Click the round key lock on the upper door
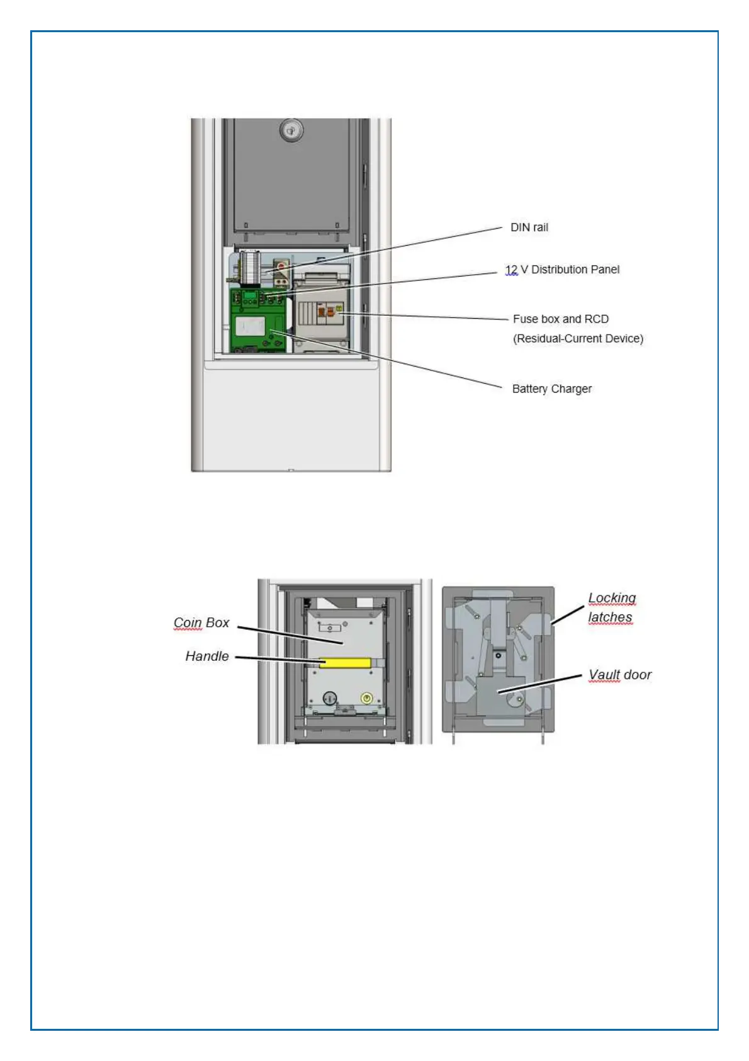click(291, 131)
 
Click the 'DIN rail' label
click(529, 227)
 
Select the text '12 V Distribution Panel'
click(562, 270)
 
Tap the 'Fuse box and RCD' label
click(560, 319)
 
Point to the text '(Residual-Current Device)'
click(578, 338)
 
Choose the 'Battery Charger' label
click(551, 389)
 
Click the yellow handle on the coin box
click(345, 662)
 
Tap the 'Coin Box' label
click(201, 622)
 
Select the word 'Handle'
click(207, 657)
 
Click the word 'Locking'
click(612, 597)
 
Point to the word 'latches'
click(610, 617)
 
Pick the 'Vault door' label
click(619, 675)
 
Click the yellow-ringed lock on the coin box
click(366, 698)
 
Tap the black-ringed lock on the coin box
click(330, 698)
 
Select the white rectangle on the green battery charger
click(250, 326)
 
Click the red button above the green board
click(281, 267)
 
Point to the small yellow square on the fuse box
click(339, 309)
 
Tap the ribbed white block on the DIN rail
click(250, 267)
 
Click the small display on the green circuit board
click(251, 294)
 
